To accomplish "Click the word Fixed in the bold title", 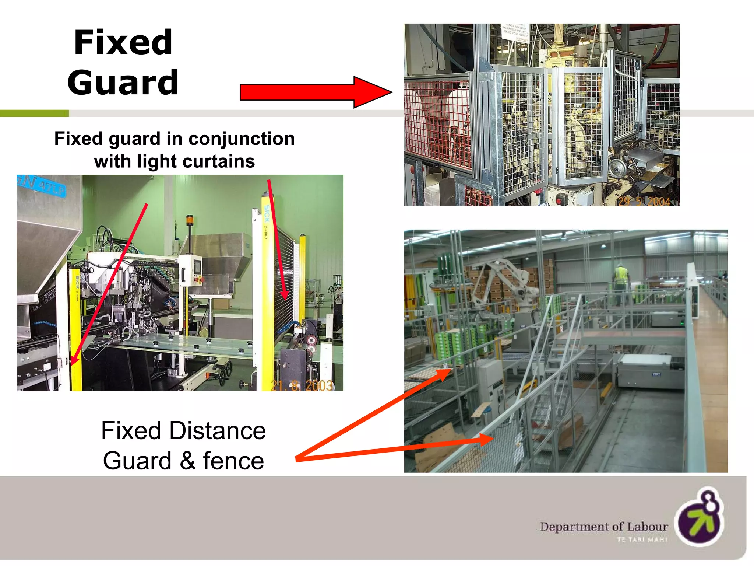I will click(123, 43).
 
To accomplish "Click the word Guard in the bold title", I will click(123, 83).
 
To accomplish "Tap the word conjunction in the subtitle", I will click(242, 139).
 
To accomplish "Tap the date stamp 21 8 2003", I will click(302, 385).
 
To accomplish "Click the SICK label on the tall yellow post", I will click(267, 214).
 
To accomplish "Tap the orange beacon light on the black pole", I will click(190, 219).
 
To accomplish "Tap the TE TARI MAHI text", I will click(642, 539).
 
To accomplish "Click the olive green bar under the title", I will click(34, 113).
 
